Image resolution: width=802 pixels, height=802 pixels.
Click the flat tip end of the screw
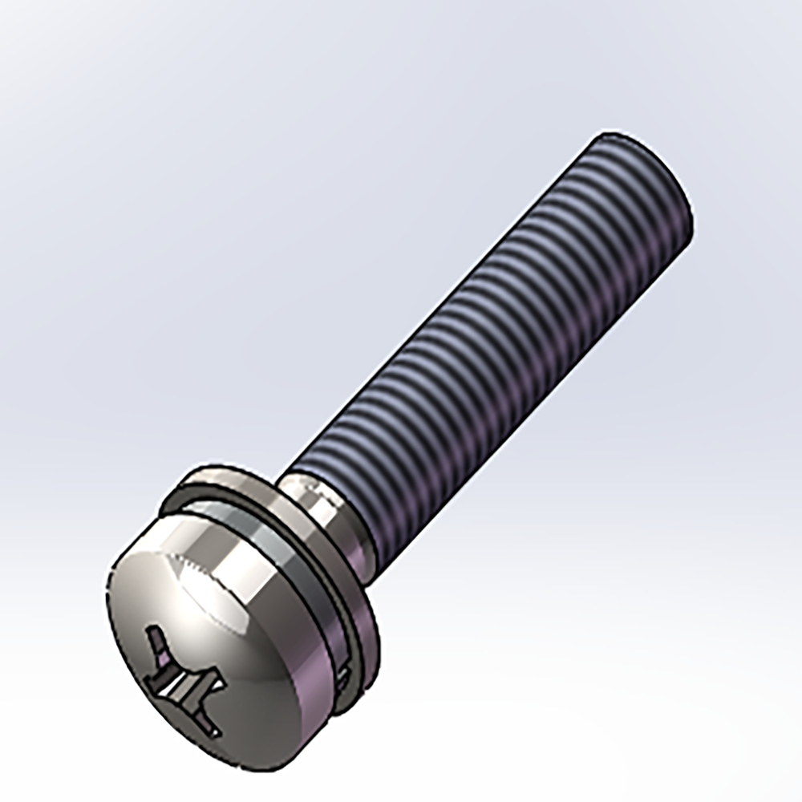coord(642,172)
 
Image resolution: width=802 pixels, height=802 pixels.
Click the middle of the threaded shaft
coord(497,337)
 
